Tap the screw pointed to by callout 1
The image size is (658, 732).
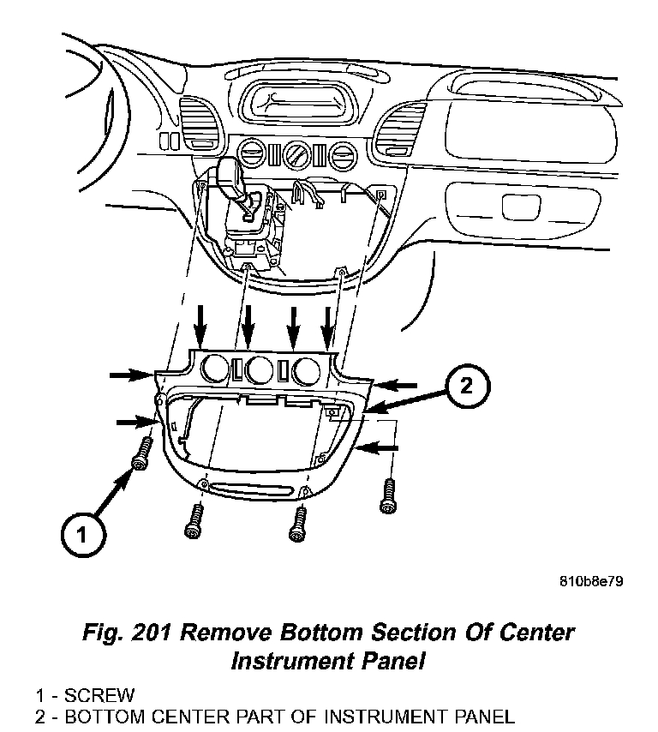tap(141, 454)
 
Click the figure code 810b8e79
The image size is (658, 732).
tap(590, 580)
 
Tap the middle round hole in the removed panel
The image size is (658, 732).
tap(258, 370)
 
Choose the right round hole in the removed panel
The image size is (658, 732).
tap(305, 370)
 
